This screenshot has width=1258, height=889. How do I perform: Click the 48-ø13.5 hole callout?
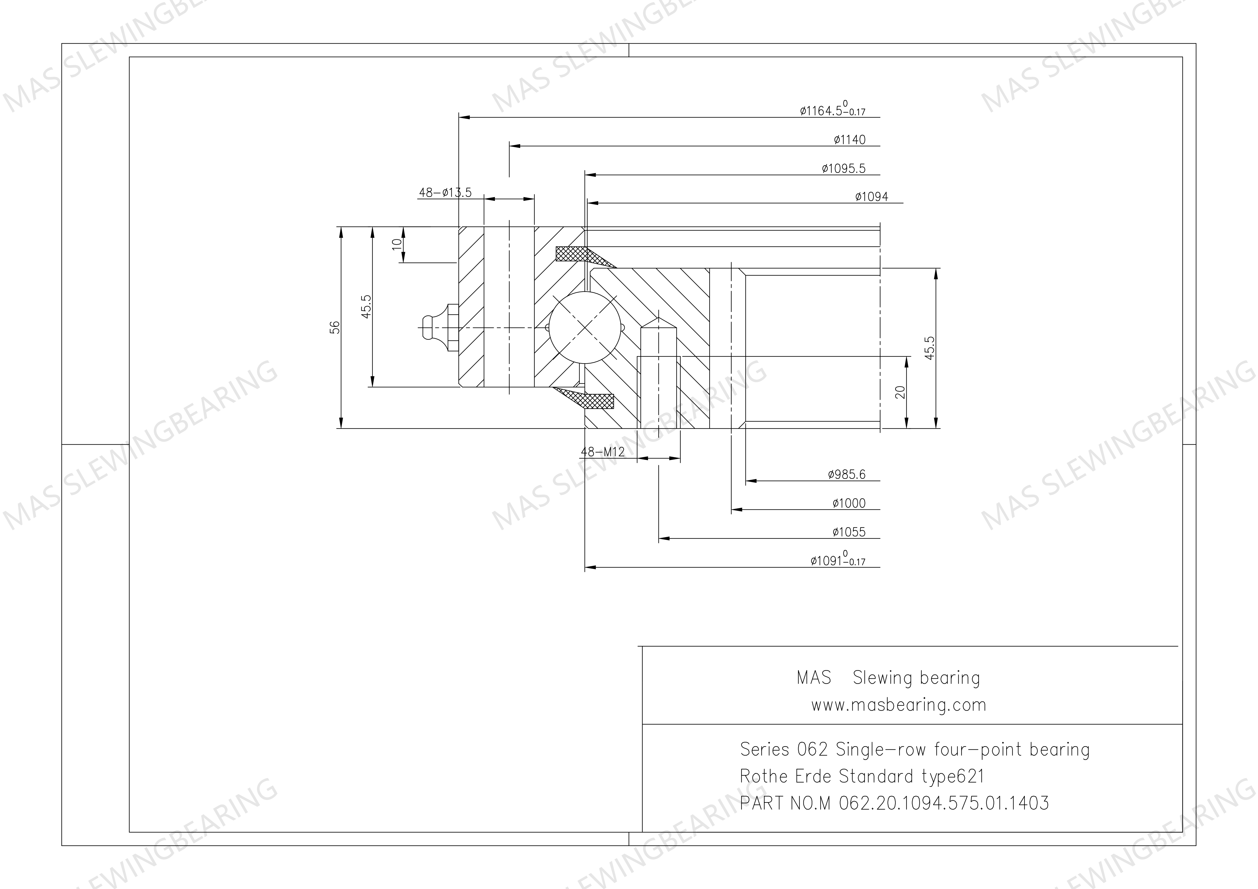(445, 192)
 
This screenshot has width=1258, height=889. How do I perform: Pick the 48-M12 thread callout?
(602, 452)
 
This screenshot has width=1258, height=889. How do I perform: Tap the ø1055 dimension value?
(849, 532)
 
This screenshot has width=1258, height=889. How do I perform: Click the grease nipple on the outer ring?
(438, 328)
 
